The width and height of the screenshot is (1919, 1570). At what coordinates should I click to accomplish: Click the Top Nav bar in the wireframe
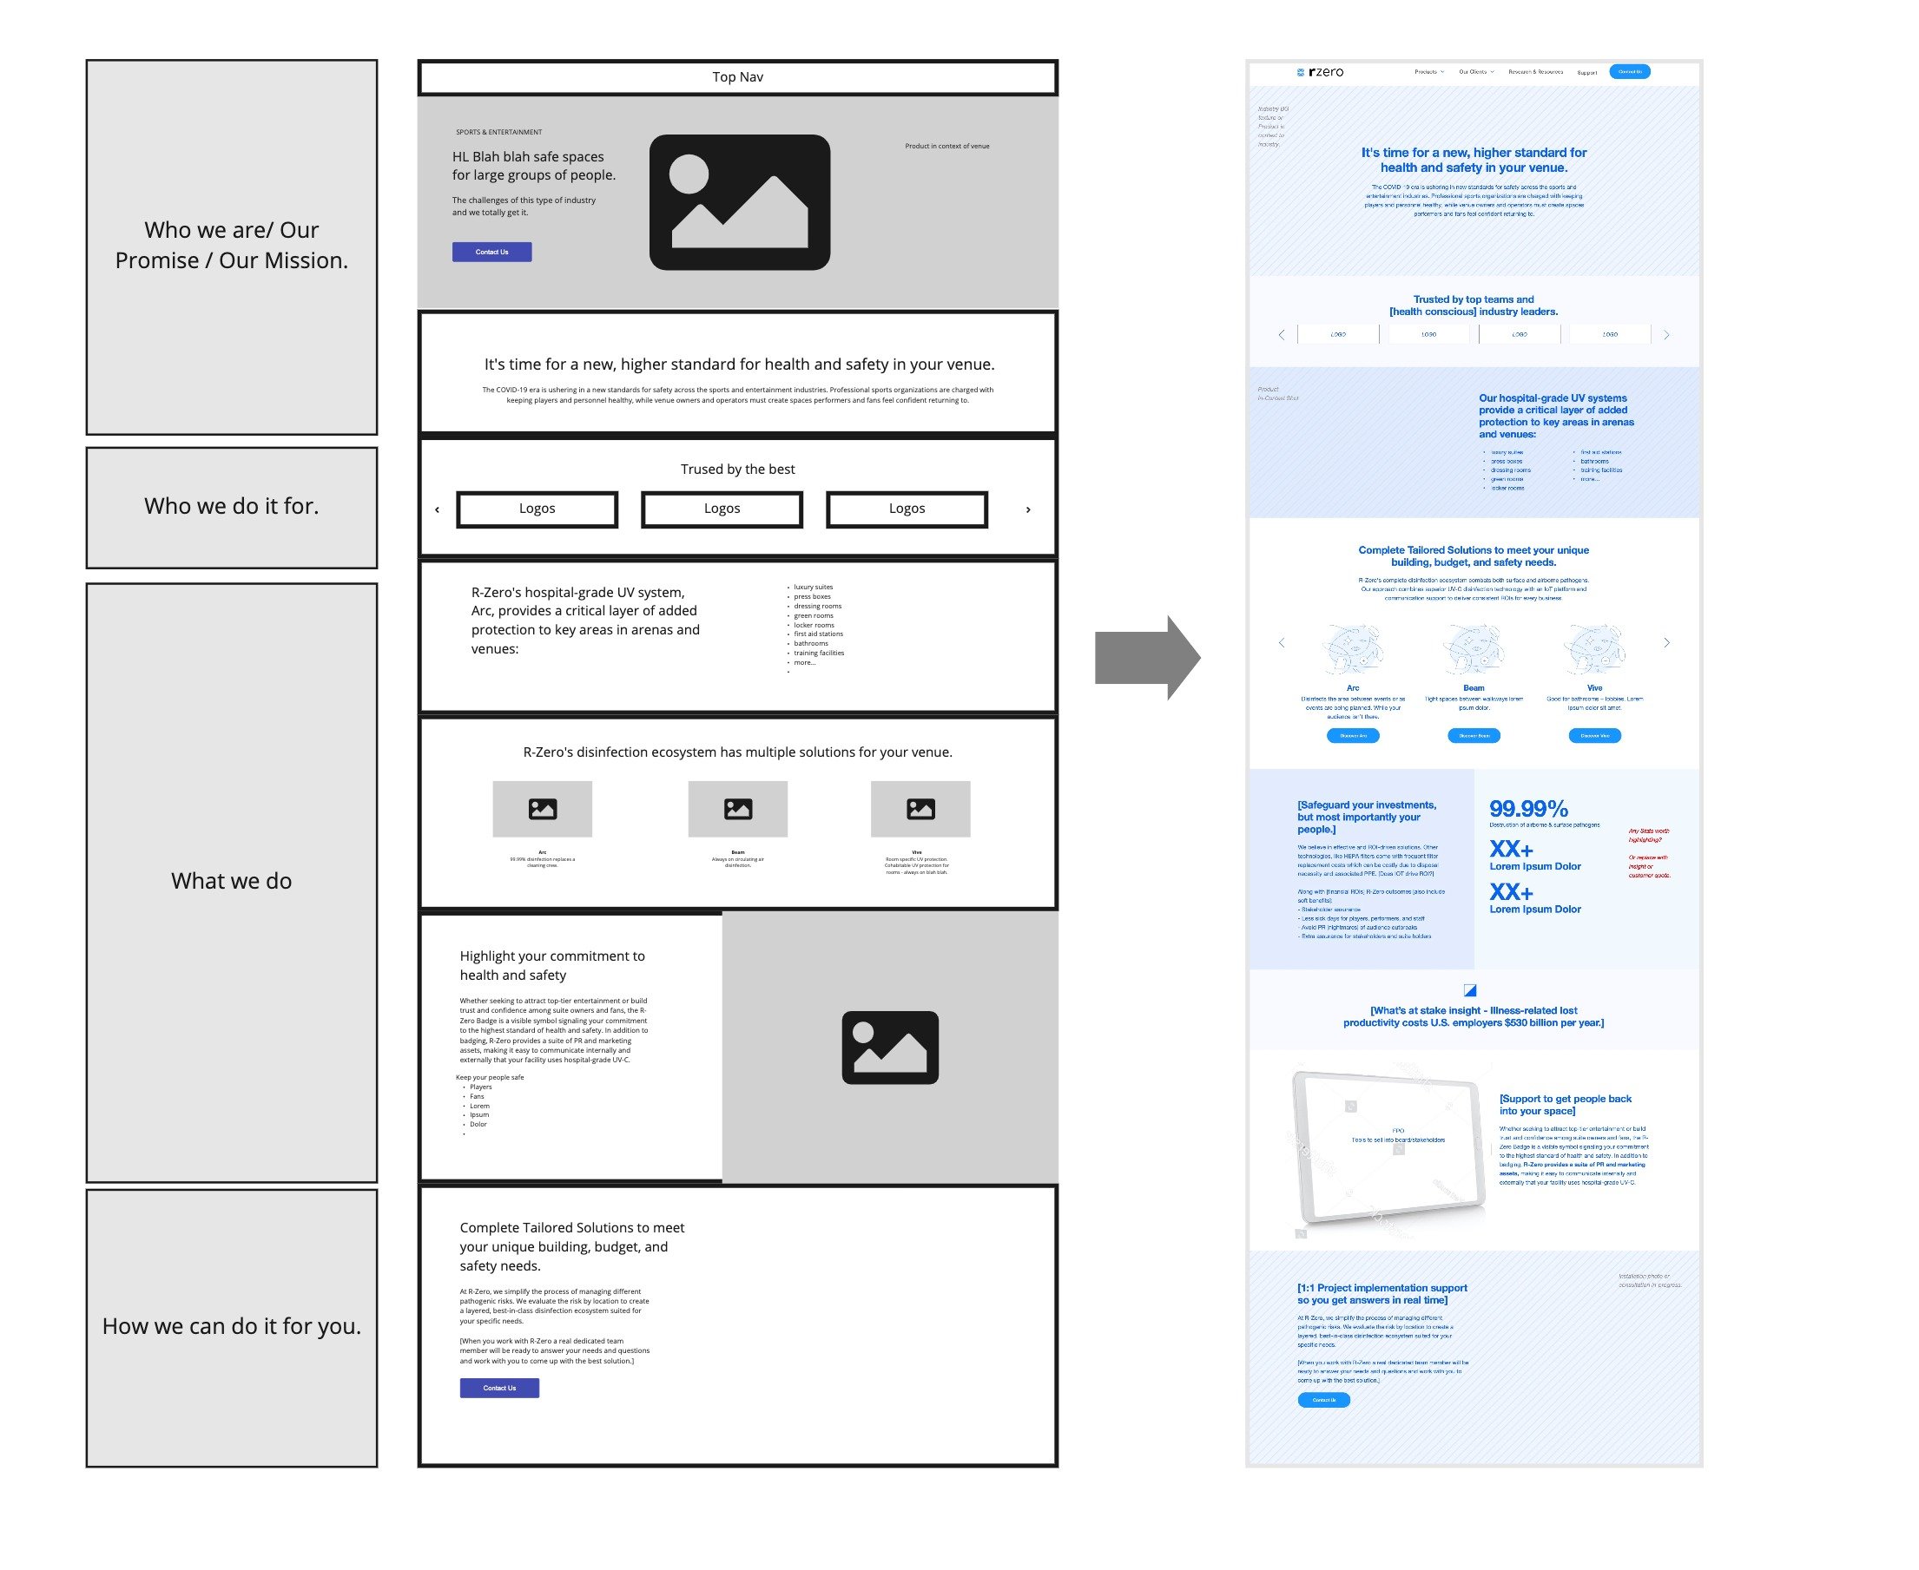click(737, 77)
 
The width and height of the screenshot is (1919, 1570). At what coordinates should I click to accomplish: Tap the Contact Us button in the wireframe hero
click(491, 253)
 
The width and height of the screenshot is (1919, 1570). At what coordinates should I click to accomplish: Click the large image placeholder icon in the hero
click(739, 202)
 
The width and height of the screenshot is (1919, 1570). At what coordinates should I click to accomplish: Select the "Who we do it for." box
click(232, 508)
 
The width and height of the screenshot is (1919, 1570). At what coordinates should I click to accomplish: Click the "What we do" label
click(232, 882)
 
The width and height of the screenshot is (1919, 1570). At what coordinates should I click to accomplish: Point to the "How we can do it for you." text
click(232, 1327)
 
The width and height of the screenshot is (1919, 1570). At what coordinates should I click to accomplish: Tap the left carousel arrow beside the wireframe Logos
click(437, 510)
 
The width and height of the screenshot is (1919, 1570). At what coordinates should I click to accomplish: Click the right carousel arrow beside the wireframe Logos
click(1028, 510)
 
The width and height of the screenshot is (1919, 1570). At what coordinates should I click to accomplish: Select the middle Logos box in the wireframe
click(722, 509)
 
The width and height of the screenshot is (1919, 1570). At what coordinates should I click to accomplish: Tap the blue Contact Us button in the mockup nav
click(1630, 71)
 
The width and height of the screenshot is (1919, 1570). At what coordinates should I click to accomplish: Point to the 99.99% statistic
click(1529, 809)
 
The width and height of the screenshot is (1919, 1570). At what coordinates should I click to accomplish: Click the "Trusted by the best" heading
click(737, 470)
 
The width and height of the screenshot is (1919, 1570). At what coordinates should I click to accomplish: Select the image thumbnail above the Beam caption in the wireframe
click(737, 810)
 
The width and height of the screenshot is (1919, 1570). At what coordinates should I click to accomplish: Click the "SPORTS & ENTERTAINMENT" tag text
click(498, 132)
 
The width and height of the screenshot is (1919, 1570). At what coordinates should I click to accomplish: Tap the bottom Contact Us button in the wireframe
click(499, 1389)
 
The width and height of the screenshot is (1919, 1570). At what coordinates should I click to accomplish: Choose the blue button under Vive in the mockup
click(1594, 736)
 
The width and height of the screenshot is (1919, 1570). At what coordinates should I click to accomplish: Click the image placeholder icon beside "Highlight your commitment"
click(889, 1048)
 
